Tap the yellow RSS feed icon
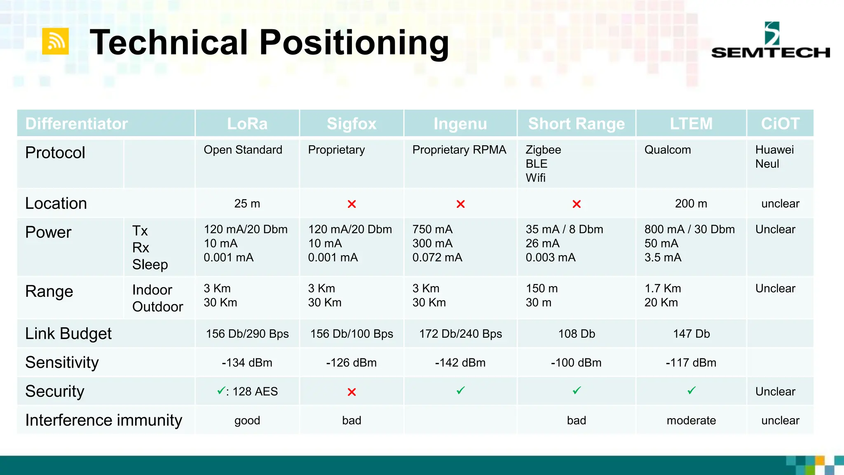coord(55,41)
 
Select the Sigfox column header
coord(352,124)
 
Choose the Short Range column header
coord(576,124)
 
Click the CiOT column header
coord(780,124)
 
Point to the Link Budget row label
coord(68,334)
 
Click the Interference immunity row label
coord(103,420)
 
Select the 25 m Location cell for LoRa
coord(247,204)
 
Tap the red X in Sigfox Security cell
coord(352,392)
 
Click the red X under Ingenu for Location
coord(460,204)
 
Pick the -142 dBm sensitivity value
coord(460,363)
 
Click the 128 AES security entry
coord(255,392)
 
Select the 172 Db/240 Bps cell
coord(460,334)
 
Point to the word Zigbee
coord(543,150)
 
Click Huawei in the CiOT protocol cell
coord(774,150)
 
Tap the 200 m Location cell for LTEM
coord(691,204)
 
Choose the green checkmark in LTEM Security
coord(691,390)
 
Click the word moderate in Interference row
coord(691,421)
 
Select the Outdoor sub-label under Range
coord(157,307)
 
